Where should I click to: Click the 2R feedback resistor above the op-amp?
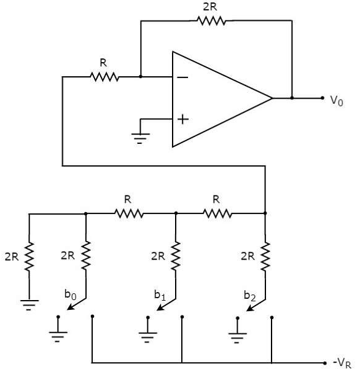pos(211,21)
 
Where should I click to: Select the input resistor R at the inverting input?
pos(104,77)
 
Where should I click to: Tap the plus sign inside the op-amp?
pos(182,119)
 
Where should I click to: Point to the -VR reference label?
pos(344,363)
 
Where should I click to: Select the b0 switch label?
pos(70,295)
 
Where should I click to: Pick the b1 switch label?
pos(160,295)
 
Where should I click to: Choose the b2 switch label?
pos(250,295)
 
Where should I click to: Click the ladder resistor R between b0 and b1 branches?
pos(129,213)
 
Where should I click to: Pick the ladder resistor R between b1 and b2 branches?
pos(218,213)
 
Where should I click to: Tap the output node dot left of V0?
pos(292,98)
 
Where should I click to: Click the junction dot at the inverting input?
pos(141,77)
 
